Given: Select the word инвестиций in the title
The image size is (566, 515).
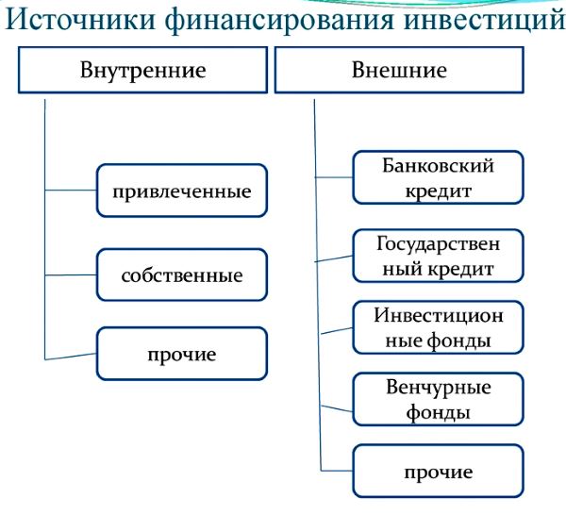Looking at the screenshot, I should [x=483, y=21].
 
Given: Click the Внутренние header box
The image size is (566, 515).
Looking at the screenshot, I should [x=142, y=71].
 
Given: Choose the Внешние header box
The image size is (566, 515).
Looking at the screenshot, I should [x=399, y=71].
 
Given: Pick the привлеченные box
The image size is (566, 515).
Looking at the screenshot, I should [x=182, y=191].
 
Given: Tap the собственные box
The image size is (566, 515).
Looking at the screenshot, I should [x=182, y=276].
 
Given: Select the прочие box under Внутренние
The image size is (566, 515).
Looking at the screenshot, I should [x=182, y=354].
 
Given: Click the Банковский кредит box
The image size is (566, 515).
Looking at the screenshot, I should [x=438, y=178].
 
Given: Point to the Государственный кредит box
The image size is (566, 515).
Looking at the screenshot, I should [x=438, y=256].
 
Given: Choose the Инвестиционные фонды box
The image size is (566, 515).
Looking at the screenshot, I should [x=438, y=327].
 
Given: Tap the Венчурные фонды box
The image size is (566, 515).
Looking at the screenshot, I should [x=438, y=399].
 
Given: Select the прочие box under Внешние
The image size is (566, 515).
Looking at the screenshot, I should [x=438, y=471].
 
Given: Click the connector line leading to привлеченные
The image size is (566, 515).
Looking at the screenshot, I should [x=71, y=191].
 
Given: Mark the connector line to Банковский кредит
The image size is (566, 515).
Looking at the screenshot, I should [x=334, y=176].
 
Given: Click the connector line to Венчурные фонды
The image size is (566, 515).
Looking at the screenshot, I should [x=337, y=406].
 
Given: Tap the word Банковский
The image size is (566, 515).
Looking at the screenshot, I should [x=438, y=167].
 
